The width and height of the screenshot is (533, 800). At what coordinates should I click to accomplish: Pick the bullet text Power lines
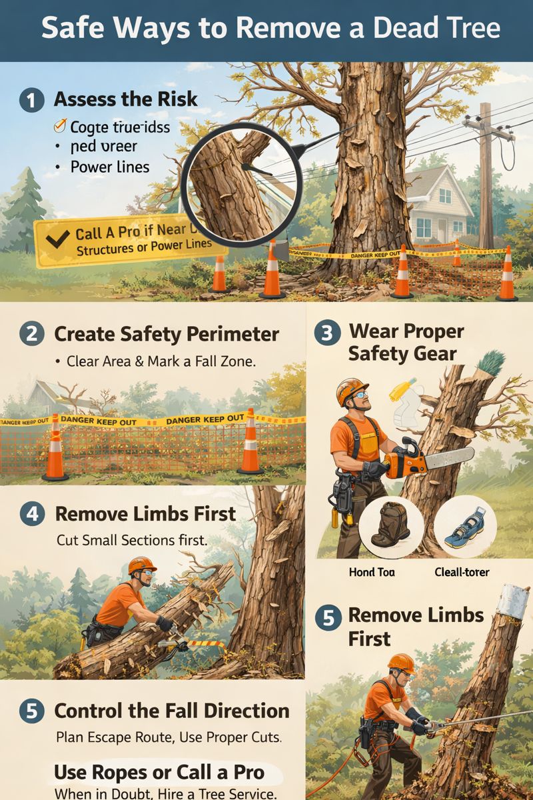click(110, 167)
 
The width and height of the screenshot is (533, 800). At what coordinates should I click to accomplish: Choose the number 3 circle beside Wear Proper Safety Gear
click(327, 333)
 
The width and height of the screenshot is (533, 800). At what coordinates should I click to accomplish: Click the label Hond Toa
click(372, 572)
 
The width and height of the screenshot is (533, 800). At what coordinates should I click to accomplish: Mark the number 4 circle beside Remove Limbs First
click(32, 514)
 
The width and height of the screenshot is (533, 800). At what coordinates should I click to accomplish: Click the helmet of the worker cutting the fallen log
click(141, 565)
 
